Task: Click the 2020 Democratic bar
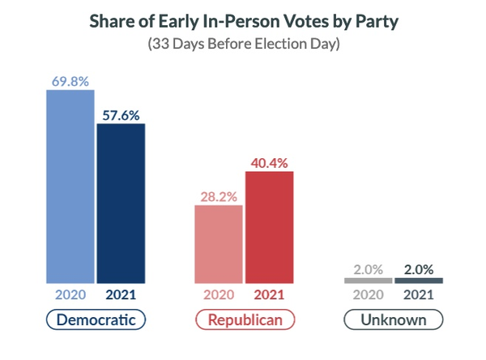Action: (x=70, y=186)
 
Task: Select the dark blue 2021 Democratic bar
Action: (x=121, y=203)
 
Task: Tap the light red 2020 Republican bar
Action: (x=219, y=243)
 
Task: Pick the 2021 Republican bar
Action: (x=269, y=226)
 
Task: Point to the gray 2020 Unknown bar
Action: (x=369, y=281)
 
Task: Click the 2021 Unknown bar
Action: (x=419, y=281)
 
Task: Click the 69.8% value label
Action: (x=70, y=81)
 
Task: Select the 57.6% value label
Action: (x=121, y=114)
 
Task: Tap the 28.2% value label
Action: (x=219, y=195)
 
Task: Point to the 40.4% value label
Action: (x=269, y=162)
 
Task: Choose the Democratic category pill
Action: (x=96, y=319)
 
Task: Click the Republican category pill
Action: (x=245, y=319)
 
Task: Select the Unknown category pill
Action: (x=394, y=319)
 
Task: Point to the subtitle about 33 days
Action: (x=243, y=43)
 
